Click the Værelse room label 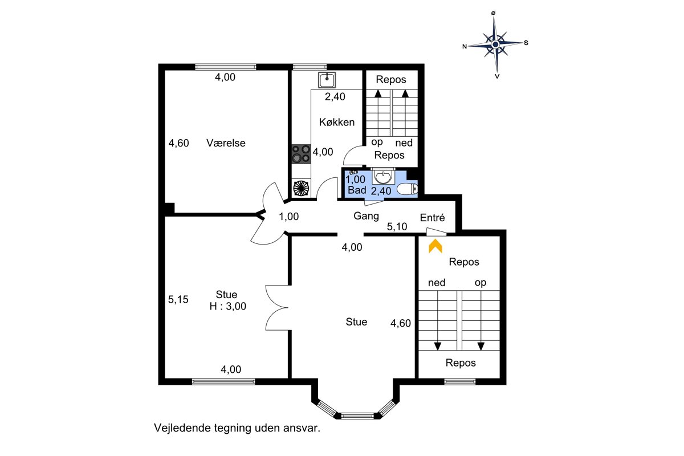(x=226, y=143)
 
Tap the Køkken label (x=337, y=122)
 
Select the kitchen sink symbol (x=327, y=80)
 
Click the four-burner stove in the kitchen (x=301, y=154)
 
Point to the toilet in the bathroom (x=408, y=189)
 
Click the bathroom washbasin (x=382, y=177)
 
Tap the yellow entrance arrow (x=435, y=246)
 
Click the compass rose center (x=495, y=45)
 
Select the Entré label (x=432, y=218)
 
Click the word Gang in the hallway (x=366, y=216)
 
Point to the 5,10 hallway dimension (x=397, y=227)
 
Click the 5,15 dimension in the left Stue (x=178, y=299)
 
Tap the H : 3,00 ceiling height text (x=228, y=306)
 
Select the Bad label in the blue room (x=357, y=190)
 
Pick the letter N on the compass (x=465, y=46)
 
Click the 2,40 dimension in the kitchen (x=335, y=96)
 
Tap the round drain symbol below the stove (x=301, y=188)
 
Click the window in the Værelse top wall (x=226, y=67)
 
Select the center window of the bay (x=357, y=416)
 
